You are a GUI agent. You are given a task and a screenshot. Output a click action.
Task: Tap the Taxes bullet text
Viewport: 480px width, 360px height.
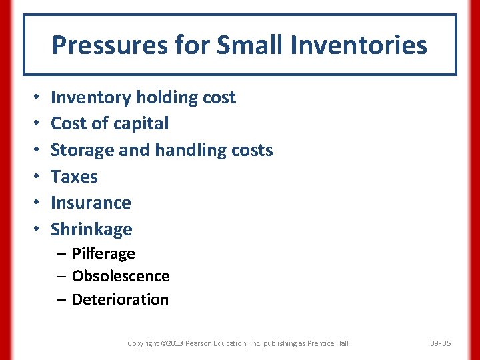click(74, 177)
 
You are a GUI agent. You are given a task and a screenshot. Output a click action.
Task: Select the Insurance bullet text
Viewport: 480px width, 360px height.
click(91, 203)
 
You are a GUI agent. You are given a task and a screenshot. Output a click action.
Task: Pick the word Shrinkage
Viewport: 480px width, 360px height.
click(91, 229)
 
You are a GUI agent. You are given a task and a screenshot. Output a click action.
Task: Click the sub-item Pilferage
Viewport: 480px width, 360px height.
click(103, 253)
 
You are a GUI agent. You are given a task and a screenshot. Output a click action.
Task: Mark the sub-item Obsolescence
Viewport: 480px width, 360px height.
click(121, 276)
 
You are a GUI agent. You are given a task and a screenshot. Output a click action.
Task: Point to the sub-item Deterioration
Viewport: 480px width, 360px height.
click(120, 299)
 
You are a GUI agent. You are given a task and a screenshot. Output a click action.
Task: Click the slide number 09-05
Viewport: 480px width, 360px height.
click(440, 343)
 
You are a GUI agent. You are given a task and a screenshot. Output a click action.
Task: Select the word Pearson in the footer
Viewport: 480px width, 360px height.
click(203, 343)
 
